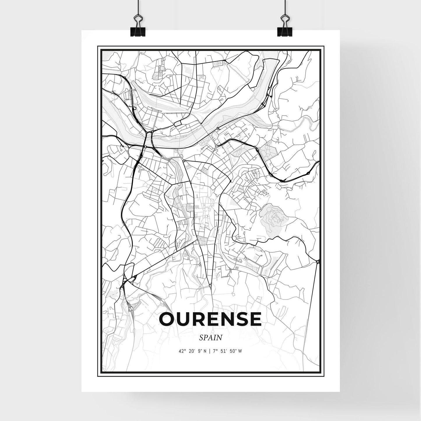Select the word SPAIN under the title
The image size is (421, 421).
[x=211, y=338]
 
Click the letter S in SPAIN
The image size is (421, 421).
[x=201, y=338]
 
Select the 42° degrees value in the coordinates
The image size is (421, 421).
[x=183, y=351]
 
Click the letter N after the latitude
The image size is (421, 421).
[x=205, y=351]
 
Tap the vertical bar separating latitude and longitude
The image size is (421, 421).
[x=210, y=351]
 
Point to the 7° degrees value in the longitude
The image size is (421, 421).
[x=216, y=351]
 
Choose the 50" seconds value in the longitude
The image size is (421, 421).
[x=233, y=351]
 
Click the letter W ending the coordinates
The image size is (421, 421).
[x=240, y=351]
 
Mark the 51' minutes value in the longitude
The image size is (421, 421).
[x=224, y=351]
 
